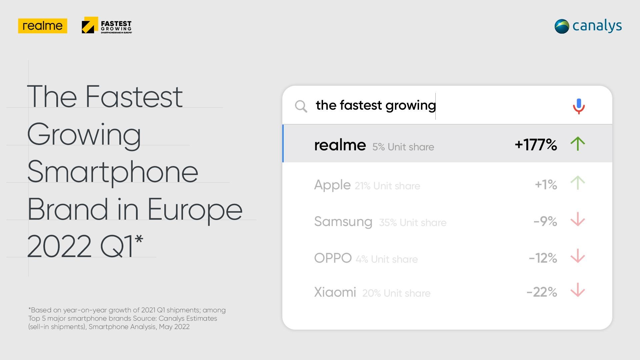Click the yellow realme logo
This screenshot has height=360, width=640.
43,26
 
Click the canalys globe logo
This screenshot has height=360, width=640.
562,26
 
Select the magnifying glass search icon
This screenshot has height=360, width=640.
301,106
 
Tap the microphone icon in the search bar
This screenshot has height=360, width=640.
579,106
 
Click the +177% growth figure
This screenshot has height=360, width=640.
536,145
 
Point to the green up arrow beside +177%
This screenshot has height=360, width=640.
578,144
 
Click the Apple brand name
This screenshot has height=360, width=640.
332,185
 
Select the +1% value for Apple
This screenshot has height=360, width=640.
546,184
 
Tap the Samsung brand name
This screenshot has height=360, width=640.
343,222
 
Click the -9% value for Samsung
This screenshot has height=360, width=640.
545,221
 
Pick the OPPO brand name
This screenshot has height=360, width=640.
333,258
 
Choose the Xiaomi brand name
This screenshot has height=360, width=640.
335,292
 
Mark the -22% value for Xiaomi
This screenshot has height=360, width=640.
542,292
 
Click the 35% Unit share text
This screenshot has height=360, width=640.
413,223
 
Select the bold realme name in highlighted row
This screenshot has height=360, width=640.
340,145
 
